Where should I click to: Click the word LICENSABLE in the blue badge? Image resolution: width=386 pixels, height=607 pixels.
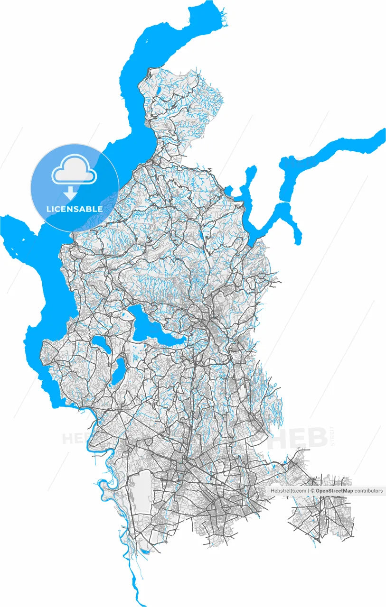tap(74, 209)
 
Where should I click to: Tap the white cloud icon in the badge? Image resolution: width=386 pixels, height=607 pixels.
tap(74, 172)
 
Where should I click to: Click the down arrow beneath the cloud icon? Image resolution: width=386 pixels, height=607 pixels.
tap(71, 193)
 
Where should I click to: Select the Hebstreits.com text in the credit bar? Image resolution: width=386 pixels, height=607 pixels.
tap(288, 491)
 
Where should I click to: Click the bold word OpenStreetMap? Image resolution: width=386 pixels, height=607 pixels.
tap(334, 491)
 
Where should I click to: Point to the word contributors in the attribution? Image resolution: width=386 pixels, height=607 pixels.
tap(368, 491)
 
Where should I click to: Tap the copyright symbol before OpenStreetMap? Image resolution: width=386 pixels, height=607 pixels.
tap(312, 491)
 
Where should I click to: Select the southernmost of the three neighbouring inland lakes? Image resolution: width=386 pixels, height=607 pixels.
tap(119, 370)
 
